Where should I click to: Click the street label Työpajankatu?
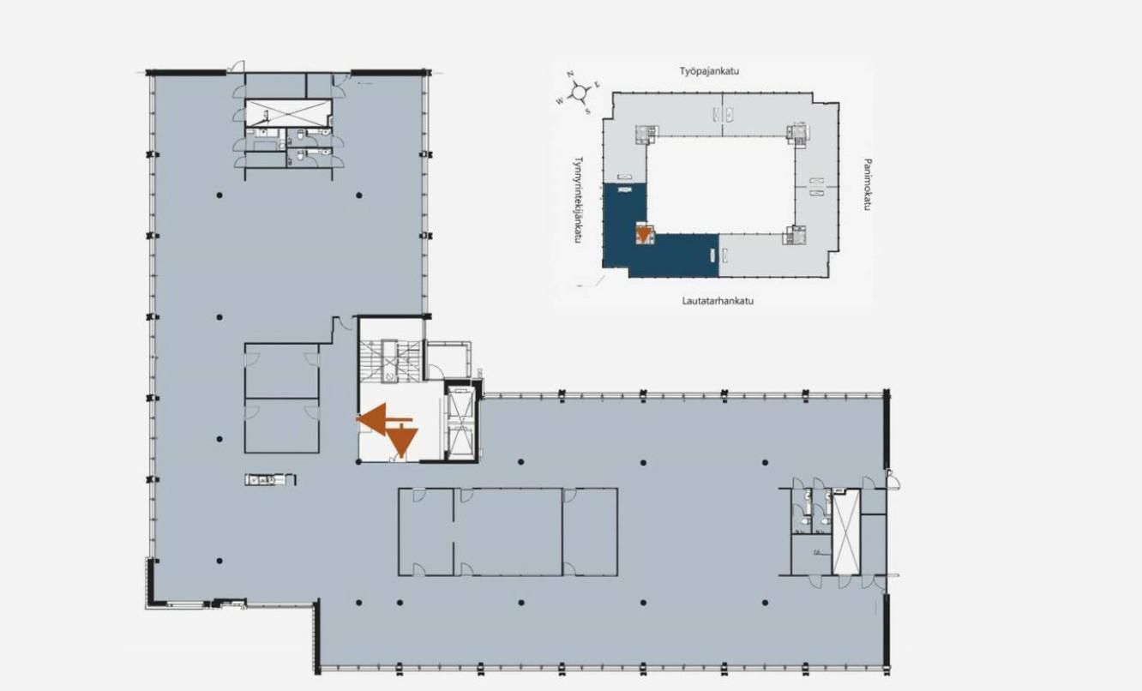click(709, 71)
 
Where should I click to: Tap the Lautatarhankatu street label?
click(718, 301)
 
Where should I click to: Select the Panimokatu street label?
click(867, 184)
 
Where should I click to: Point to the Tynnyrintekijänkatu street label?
click(578, 200)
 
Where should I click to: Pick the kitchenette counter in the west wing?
click(270, 479)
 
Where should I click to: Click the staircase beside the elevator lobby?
click(390, 361)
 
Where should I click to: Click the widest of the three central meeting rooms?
click(508, 532)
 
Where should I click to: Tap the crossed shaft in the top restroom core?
click(287, 112)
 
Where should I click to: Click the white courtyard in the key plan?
click(721, 184)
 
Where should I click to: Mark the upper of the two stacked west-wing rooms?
click(281, 370)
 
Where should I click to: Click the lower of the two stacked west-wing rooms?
click(281, 426)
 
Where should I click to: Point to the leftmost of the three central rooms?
click(426, 532)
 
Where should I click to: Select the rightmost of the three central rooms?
click(590, 532)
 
